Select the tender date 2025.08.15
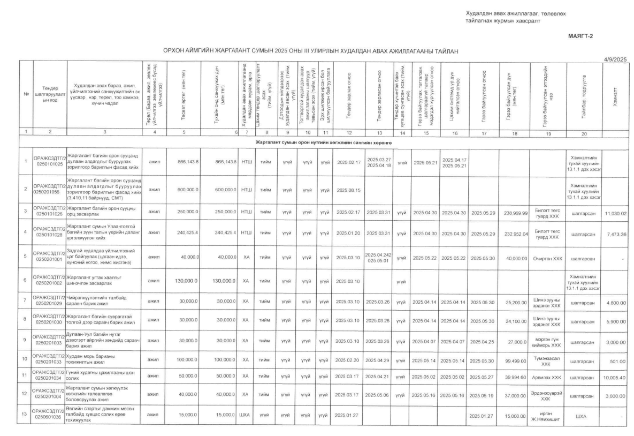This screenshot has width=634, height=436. click(x=348, y=190)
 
